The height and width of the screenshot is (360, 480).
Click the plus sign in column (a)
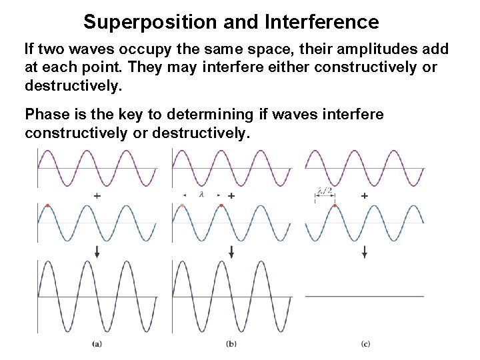click(x=97, y=196)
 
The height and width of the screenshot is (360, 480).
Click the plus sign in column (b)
click(x=231, y=196)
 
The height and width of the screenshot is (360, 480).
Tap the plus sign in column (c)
click(x=364, y=196)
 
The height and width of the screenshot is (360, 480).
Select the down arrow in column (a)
click(x=97, y=252)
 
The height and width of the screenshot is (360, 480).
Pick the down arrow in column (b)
click(x=231, y=252)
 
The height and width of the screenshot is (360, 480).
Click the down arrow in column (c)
click(x=364, y=252)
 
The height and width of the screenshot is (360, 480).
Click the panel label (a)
click(x=97, y=344)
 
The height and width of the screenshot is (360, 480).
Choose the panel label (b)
click(x=231, y=344)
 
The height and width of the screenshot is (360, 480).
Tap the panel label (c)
click(x=365, y=344)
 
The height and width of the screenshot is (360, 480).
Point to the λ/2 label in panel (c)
click(x=325, y=191)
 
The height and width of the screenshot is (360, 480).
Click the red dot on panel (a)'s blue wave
click(x=47, y=205)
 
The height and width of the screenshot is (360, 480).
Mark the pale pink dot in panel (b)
click(x=182, y=205)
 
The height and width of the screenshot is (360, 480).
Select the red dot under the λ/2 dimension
click(x=334, y=205)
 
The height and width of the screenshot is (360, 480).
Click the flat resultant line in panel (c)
click(x=364, y=295)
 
